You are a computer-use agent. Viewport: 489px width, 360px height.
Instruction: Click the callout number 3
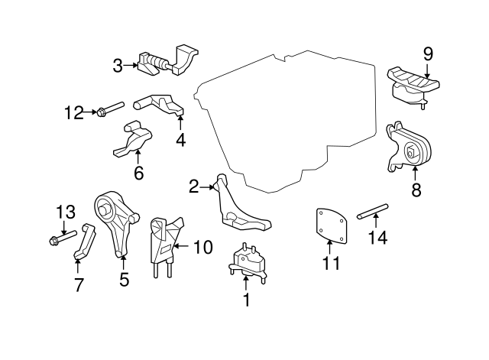click(x=118, y=66)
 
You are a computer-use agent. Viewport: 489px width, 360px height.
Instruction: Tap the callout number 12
click(x=74, y=112)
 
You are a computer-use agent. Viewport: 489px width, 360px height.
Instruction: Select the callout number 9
click(x=428, y=54)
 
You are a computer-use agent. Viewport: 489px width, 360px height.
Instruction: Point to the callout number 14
click(x=378, y=238)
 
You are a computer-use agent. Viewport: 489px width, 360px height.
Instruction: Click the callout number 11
click(x=331, y=263)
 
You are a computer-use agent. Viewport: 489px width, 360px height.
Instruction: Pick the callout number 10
click(x=203, y=247)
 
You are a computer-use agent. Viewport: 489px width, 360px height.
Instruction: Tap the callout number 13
click(x=66, y=212)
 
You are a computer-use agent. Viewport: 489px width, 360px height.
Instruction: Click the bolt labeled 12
click(x=111, y=109)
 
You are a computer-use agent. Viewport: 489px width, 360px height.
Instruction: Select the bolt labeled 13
click(x=63, y=238)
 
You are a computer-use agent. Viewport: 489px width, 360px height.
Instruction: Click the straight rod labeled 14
click(x=373, y=211)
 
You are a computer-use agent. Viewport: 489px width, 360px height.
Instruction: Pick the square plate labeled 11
click(x=330, y=225)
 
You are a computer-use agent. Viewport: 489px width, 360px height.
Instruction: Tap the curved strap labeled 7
click(x=85, y=241)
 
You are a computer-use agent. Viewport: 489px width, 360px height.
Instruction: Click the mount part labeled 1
click(x=248, y=263)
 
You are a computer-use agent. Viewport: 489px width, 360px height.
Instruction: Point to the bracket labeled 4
click(x=160, y=105)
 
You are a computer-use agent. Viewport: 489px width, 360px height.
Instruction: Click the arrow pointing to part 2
click(x=207, y=187)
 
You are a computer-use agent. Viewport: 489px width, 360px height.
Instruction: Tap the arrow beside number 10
click(x=181, y=246)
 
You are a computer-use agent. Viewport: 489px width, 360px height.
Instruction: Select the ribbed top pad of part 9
click(x=413, y=78)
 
